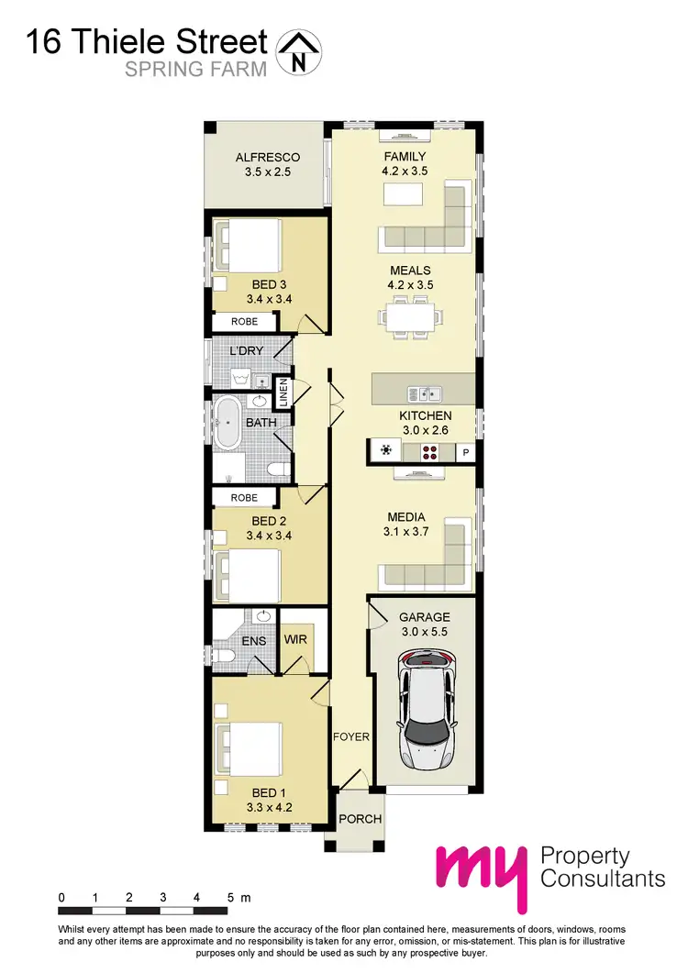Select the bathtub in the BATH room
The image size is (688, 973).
point(227,424)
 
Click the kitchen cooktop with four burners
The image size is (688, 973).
point(429,450)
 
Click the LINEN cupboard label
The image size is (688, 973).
point(283,393)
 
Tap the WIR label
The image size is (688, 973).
point(295,639)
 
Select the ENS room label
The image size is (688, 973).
point(254,640)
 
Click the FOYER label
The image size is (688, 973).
point(350,735)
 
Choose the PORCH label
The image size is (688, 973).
point(360,819)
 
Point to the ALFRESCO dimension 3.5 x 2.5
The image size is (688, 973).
point(268,171)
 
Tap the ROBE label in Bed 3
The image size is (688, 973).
point(244,322)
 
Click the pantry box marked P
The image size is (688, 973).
point(465,451)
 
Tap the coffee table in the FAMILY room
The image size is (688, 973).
point(403,194)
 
